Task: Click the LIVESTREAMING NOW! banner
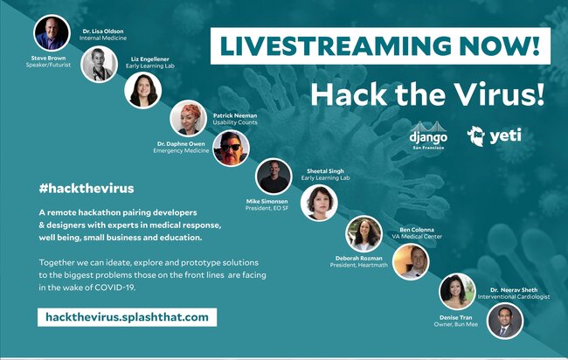(380, 46)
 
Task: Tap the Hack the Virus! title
(427, 94)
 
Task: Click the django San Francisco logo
(428, 135)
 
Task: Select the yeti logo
(494, 135)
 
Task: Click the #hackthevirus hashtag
(87, 189)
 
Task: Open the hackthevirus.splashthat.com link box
(128, 317)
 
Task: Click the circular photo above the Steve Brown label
(52, 33)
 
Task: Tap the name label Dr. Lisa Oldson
(103, 31)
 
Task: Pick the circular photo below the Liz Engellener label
(143, 90)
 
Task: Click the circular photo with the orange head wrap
(189, 118)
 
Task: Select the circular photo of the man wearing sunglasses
(231, 149)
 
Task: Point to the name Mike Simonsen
(267, 201)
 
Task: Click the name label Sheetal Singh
(325, 171)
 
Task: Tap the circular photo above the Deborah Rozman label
(364, 234)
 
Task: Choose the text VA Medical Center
(417, 237)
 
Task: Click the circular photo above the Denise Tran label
(457, 291)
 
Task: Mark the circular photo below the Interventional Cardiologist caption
(505, 321)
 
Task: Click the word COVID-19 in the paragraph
(114, 287)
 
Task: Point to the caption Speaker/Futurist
(48, 65)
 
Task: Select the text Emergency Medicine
(181, 150)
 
